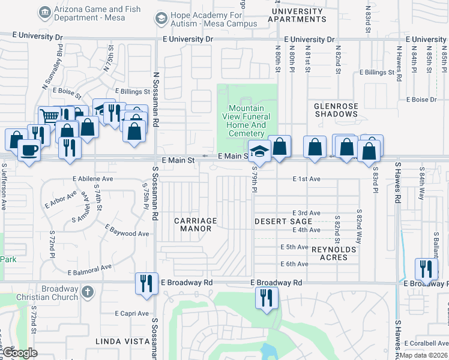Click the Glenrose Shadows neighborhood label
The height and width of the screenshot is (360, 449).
click(x=336, y=110)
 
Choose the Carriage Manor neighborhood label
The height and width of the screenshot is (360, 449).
click(x=195, y=224)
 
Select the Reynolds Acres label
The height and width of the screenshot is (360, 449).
click(x=334, y=253)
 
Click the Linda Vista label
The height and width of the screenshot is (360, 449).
click(x=122, y=341)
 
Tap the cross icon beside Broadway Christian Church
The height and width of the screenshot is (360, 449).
click(x=87, y=292)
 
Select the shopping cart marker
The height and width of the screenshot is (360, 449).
click(x=49, y=116)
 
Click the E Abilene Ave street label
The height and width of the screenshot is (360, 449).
click(x=93, y=179)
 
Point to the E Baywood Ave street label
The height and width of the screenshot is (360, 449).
click(x=127, y=230)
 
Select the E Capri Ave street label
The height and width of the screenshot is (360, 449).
click(x=131, y=313)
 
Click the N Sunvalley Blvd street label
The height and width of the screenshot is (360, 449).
click(x=53, y=75)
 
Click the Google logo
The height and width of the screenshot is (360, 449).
click(x=20, y=353)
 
